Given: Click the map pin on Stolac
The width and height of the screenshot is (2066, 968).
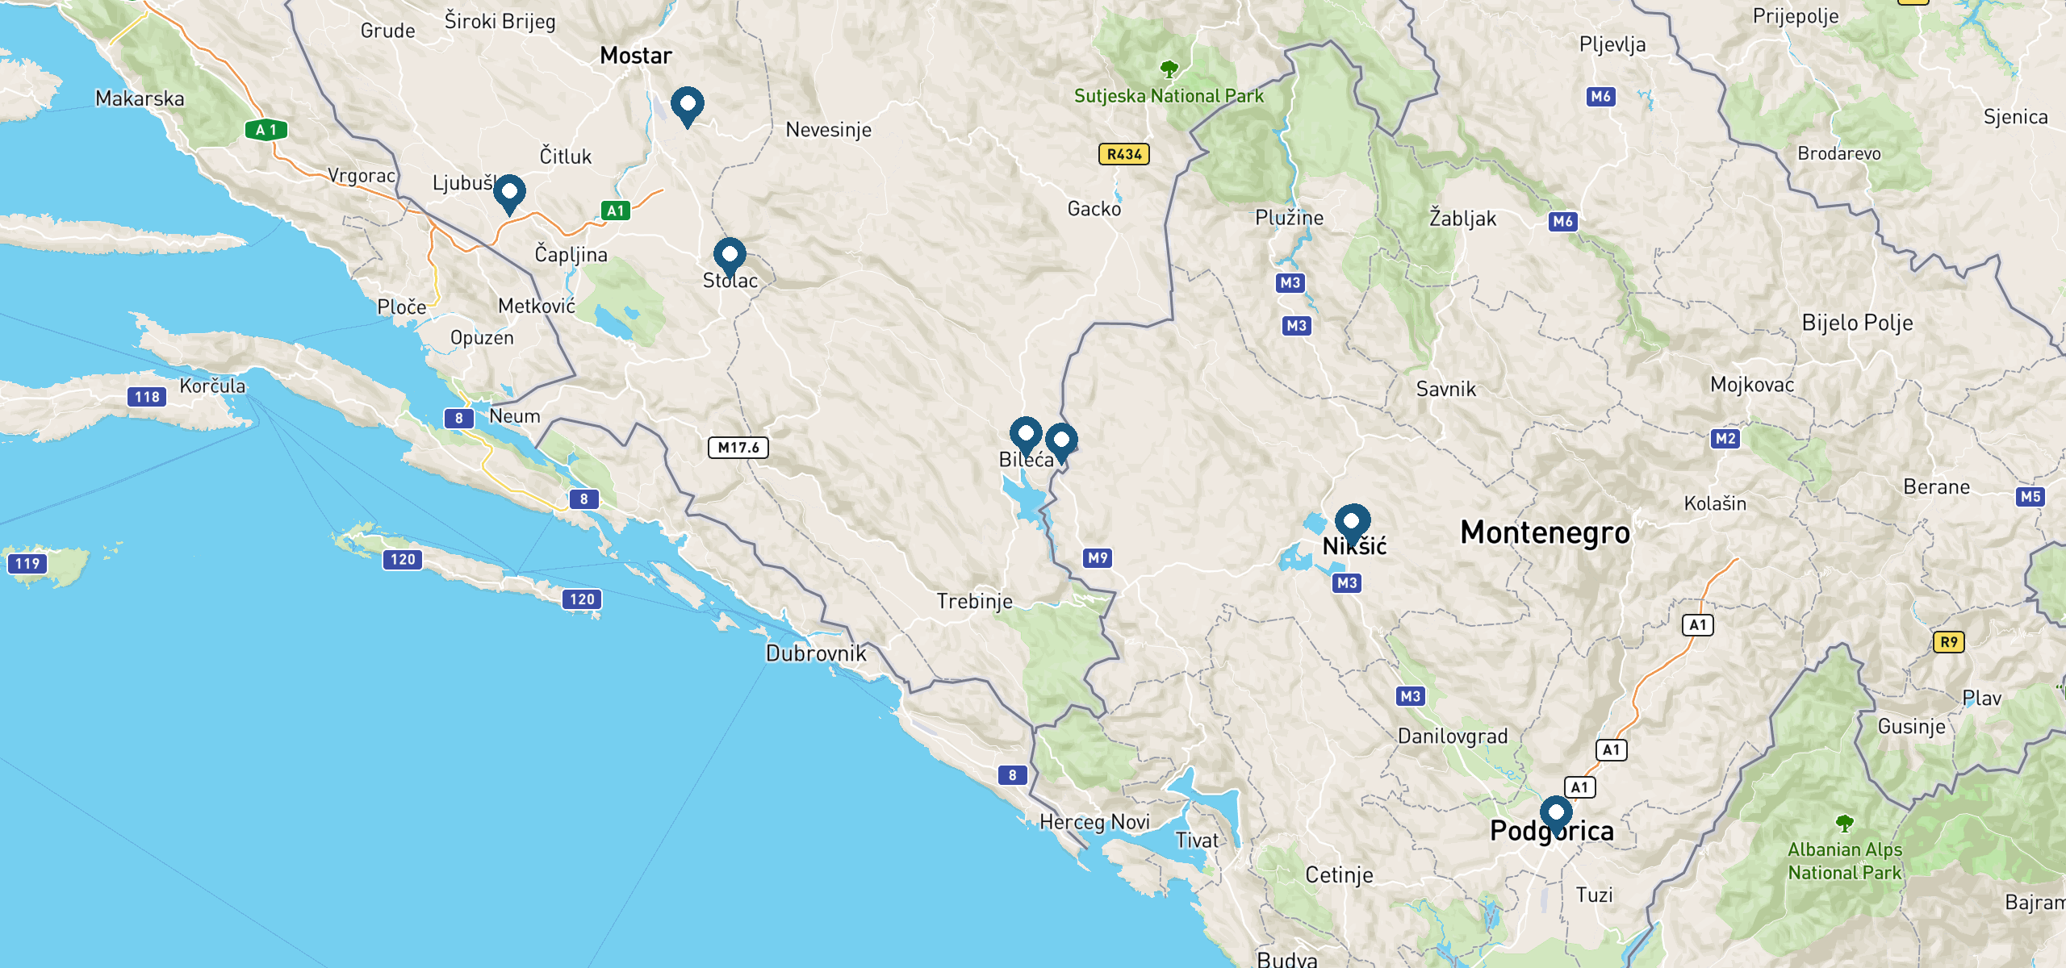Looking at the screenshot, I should (730, 255).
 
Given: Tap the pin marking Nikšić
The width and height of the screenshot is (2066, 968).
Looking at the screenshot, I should (1352, 522).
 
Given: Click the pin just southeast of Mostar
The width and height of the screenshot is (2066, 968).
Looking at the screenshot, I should (687, 105).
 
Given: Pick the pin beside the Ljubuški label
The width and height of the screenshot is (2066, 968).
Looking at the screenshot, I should (509, 193).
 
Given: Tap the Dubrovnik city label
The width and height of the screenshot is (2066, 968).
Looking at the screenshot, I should (816, 653).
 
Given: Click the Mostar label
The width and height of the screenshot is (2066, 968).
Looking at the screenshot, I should (635, 56).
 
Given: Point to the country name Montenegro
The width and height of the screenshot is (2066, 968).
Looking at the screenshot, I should (1545, 532).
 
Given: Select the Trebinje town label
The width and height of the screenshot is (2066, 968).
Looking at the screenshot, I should (974, 601).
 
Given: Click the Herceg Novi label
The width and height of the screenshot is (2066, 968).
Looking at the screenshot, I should (1094, 822).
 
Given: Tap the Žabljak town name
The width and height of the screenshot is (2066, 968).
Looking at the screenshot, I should (1462, 218).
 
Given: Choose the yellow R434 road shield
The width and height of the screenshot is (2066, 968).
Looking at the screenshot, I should (1123, 154).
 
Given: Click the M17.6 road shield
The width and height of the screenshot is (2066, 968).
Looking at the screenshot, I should (738, 448).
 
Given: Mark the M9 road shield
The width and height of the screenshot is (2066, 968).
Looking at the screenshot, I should (1098, 557).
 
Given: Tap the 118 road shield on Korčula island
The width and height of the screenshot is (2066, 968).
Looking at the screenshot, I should (147, 397).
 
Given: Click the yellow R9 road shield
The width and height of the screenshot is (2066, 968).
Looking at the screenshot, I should (1948, 642).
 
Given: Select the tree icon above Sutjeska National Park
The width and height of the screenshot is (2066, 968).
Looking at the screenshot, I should (1169, 69).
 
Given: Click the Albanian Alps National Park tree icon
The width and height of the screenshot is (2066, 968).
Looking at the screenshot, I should (1844, 824).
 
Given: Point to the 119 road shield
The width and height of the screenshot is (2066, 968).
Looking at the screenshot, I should (27, 564).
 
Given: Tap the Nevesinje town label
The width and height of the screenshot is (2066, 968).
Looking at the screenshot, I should (828, 130).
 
